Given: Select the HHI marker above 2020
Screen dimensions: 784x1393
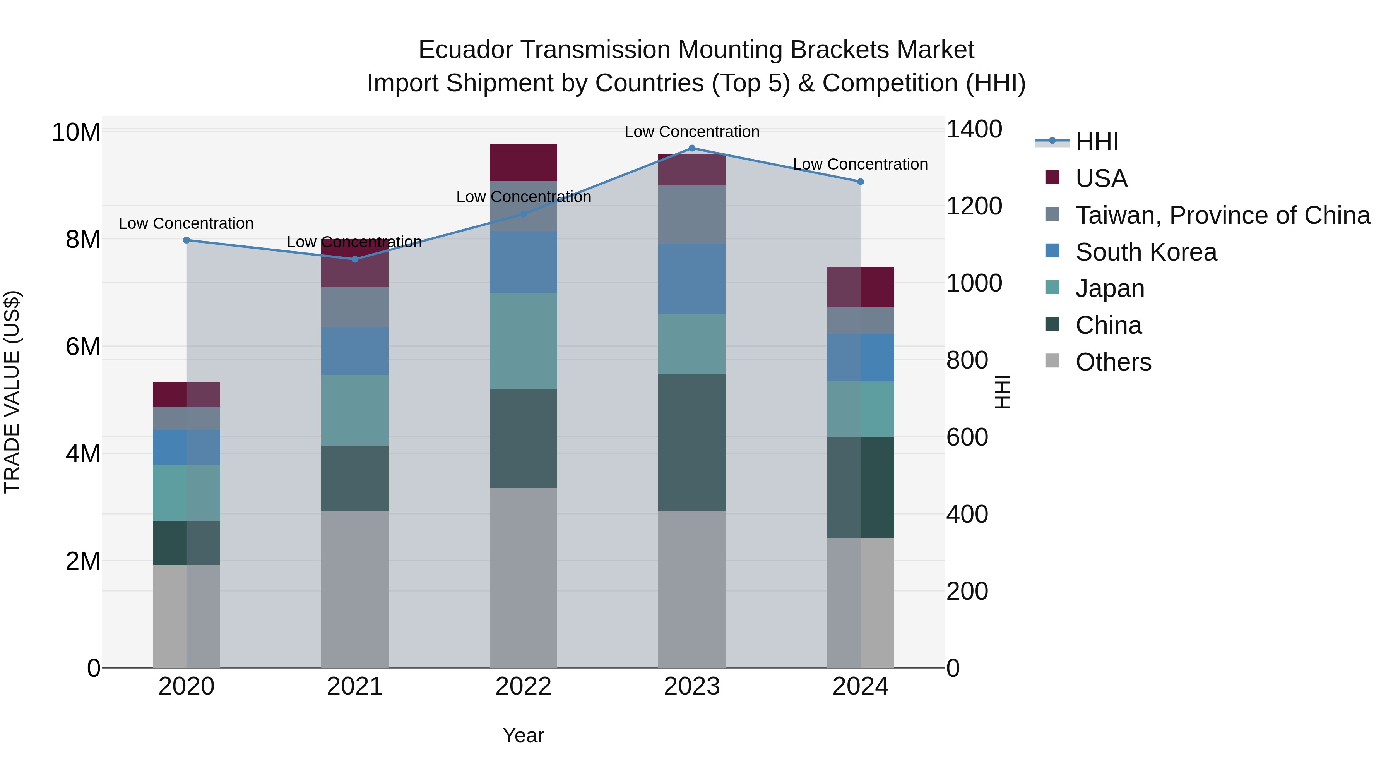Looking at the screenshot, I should (187, 240).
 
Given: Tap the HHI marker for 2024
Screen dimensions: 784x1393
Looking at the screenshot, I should (860, 182).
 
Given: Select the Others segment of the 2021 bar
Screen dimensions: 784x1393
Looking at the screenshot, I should (355, 588).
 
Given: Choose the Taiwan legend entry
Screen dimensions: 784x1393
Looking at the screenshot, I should (1222, 215).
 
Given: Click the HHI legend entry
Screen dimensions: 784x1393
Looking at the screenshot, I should (1097, 142).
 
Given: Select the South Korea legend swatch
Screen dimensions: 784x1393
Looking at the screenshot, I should (1052, 251).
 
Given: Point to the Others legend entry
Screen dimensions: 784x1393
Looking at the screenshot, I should (1113, 362).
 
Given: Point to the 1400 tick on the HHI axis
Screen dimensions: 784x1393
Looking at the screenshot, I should (974, 129).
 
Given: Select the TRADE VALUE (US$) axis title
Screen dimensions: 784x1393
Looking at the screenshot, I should (12, 392).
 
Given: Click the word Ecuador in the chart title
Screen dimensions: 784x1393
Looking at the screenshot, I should (465, 50).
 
